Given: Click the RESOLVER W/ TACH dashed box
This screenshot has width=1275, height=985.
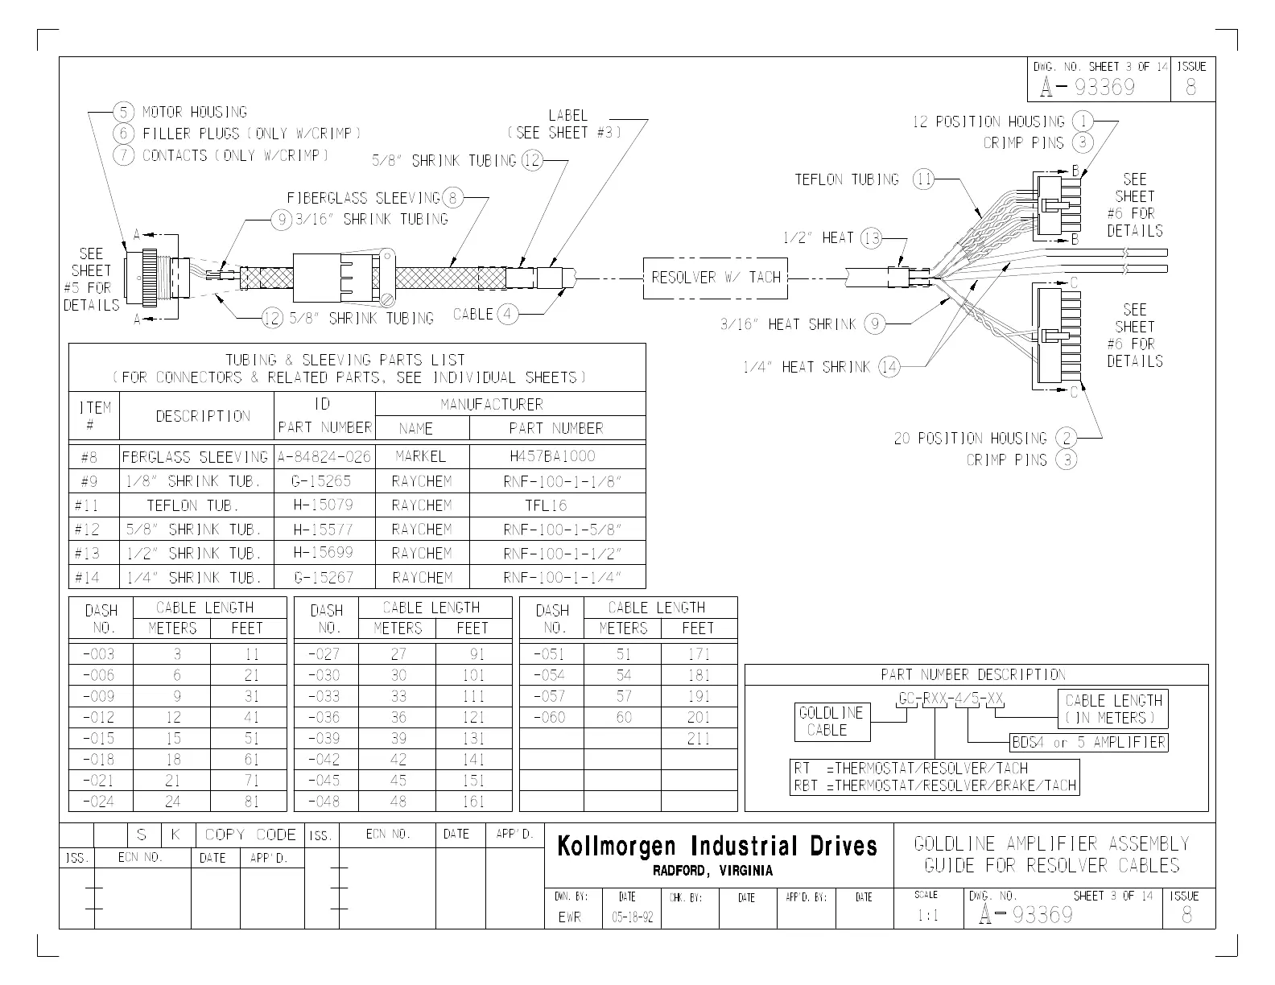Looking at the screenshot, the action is pyautogui.click(x=716, y=278).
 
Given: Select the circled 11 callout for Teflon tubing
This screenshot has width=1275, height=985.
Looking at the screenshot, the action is pyautogui.click(x=923, y=180).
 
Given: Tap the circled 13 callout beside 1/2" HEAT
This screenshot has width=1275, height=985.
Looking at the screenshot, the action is pyautogui.click(x=871, y=237).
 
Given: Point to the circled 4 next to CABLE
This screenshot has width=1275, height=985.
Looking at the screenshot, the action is pyautogui.click(x=507, y=314).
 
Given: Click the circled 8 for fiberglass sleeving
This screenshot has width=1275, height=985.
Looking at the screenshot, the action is pyautogui.click(x=452, y=197).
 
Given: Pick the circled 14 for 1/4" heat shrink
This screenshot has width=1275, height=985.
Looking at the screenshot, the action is pyautogui.click(x=889, y=367).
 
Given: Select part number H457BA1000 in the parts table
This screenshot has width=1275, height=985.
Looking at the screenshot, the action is pyautogui.click(x=552, y=456).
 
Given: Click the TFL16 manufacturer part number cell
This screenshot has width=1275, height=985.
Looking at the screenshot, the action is pyautogui.click(x=547, y=505).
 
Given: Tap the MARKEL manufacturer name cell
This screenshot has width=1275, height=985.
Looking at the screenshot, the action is pyautogui.click(x=421, y=456).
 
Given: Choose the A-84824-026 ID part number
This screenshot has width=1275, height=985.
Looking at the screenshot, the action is pyautogui.click(x=324, y=457).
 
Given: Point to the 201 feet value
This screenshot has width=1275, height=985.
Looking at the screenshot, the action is pyautogui.click(x=699, y=717).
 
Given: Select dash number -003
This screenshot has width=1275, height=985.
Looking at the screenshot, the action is pyautogui.click(x=99, y=654).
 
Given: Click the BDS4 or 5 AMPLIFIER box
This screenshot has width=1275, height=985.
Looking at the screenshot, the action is pyautogui.click(x=1088, y=742).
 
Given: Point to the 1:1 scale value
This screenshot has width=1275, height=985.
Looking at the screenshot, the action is pyautogui.click(x=927, y=916).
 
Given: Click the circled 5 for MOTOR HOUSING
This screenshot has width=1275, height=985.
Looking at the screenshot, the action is pyautogui.click(x=123, y=112).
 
